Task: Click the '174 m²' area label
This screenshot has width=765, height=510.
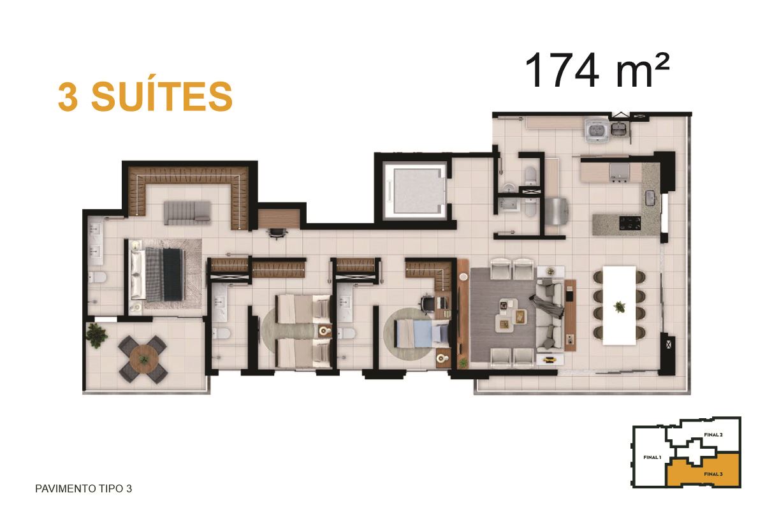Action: coord(596,71)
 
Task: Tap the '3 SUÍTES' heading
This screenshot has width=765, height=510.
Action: coord(145,97)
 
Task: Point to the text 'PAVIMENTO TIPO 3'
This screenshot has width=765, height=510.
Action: coord(84,488)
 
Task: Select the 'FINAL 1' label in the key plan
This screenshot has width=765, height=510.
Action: coord(652,457)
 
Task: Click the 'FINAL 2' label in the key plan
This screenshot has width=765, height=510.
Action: coord(713,435)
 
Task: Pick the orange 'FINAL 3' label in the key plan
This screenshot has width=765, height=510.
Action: coord(713,474)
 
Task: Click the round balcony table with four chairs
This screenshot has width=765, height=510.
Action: coord(143,360)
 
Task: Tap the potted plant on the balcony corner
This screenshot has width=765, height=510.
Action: coord(96,335)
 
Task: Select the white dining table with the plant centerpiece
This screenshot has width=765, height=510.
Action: coord(619,306)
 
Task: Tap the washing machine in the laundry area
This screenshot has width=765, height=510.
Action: coord(596,131)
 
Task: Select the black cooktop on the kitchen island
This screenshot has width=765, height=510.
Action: coord(630,222)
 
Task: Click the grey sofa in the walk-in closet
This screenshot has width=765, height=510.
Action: coord(187,212)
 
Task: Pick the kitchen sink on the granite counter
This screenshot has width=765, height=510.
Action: coord(650,199)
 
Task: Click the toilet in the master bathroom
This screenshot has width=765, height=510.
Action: coord(98,278)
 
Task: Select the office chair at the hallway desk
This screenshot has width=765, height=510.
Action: coord(277,233)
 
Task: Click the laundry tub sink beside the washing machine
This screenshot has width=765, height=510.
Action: coord(619,129)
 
